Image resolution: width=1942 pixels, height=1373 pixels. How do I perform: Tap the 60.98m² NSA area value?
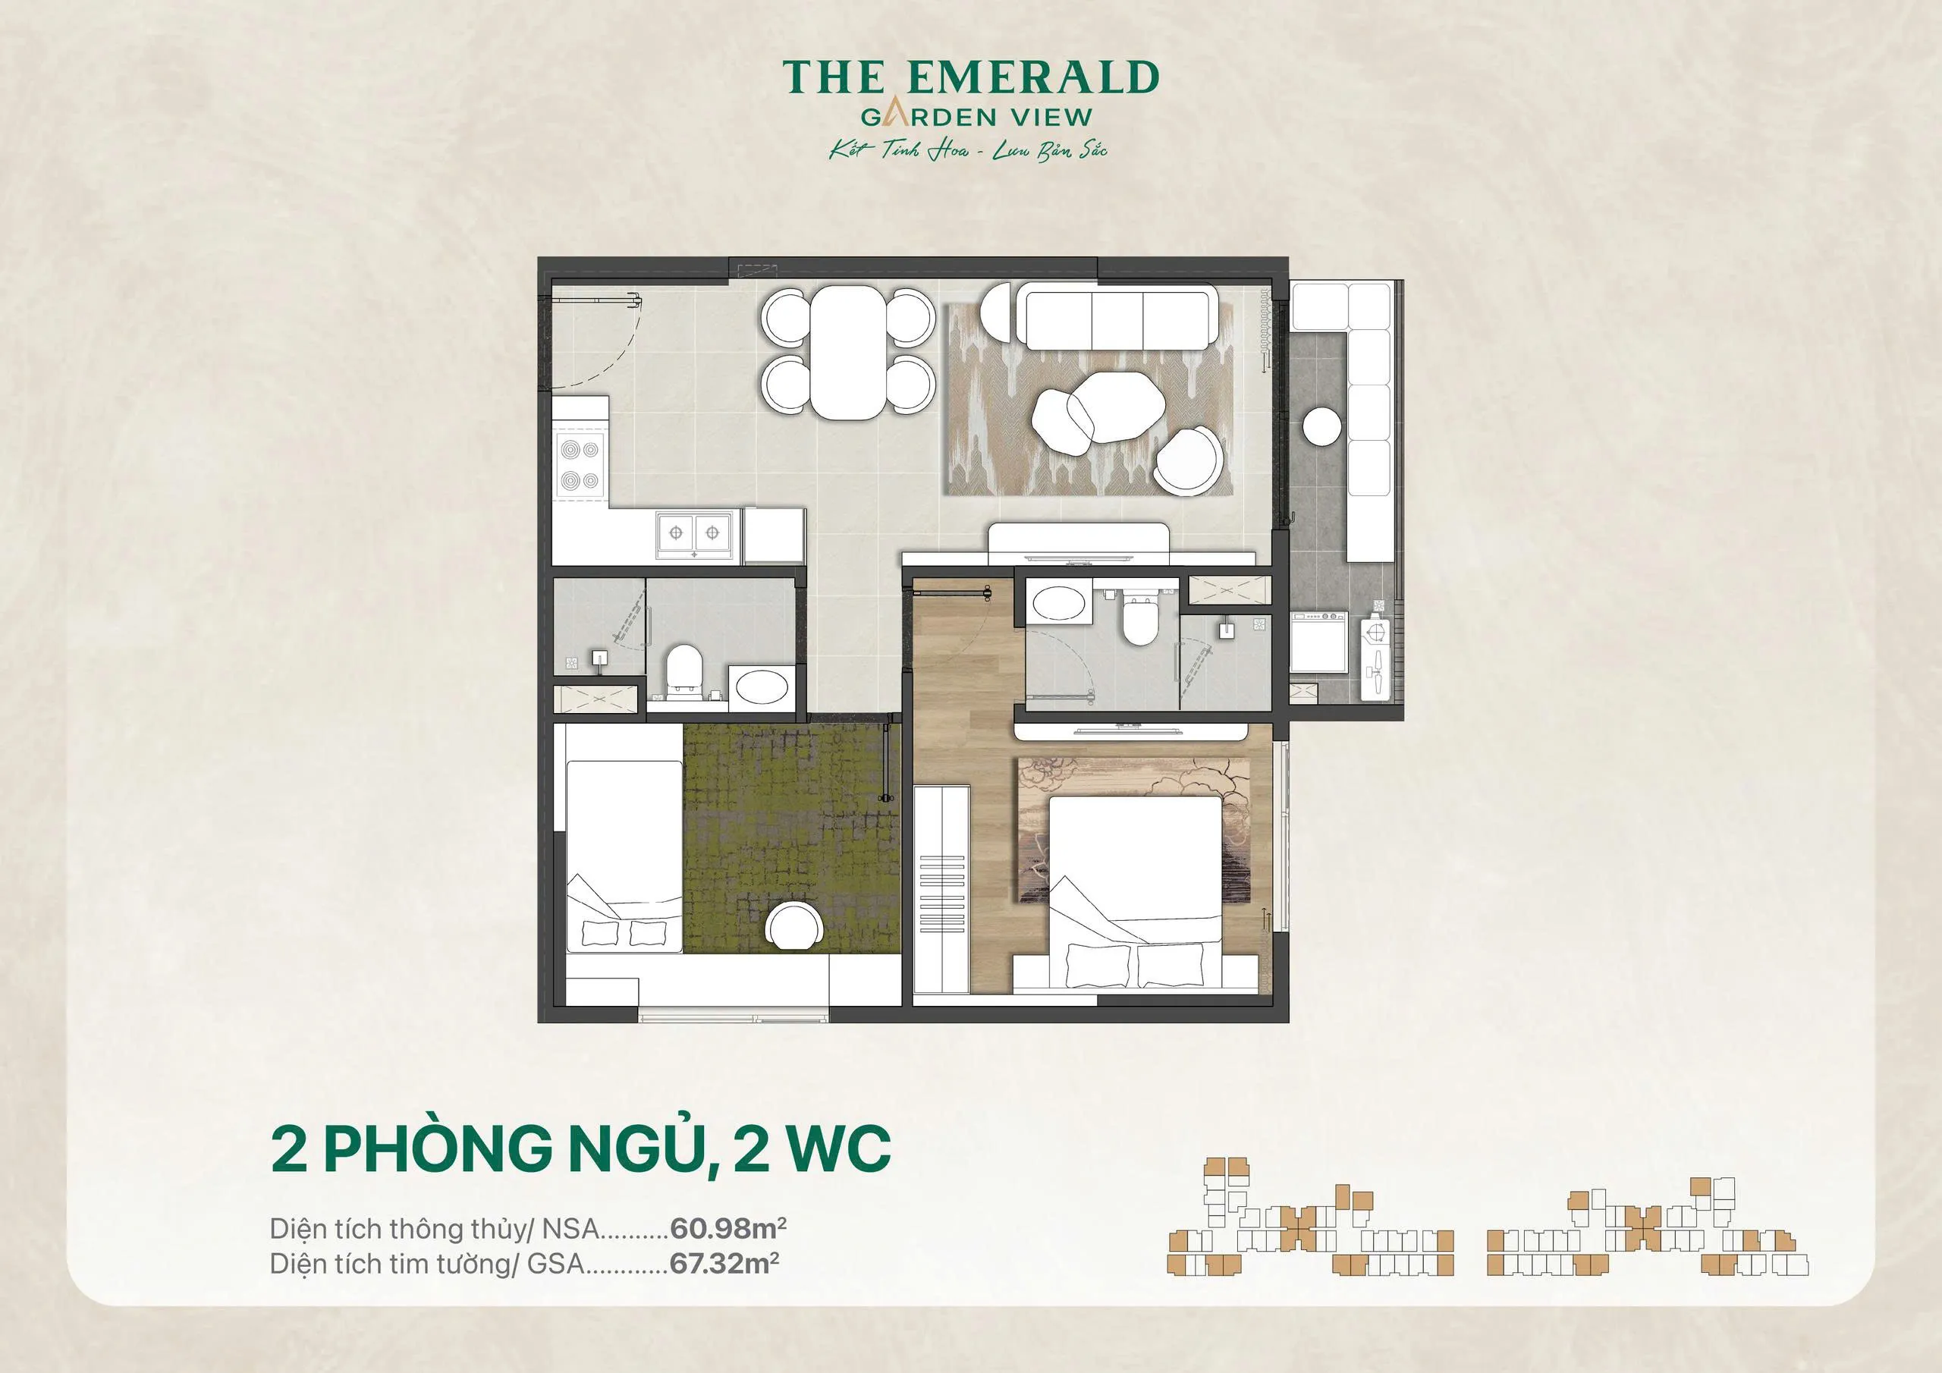coord(728,1227)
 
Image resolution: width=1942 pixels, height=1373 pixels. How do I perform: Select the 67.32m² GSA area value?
coord(724,1263)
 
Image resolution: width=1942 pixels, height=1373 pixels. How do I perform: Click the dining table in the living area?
coord(847,352)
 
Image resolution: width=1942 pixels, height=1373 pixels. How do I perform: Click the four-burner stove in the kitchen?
coord(580,465)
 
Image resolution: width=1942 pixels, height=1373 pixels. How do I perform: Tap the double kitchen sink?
coord(693,533)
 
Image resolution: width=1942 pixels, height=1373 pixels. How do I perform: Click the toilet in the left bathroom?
coord(682,674)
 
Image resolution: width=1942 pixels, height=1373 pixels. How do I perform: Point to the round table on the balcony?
coord(1322,426)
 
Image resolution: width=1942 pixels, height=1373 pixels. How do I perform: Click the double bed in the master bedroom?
coord(1135,888)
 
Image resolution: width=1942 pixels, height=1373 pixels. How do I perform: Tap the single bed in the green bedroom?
coord(624,854)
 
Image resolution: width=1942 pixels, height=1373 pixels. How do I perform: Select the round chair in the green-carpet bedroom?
coord(793,925)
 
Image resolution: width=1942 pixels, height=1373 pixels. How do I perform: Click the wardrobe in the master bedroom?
coord(941,888)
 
